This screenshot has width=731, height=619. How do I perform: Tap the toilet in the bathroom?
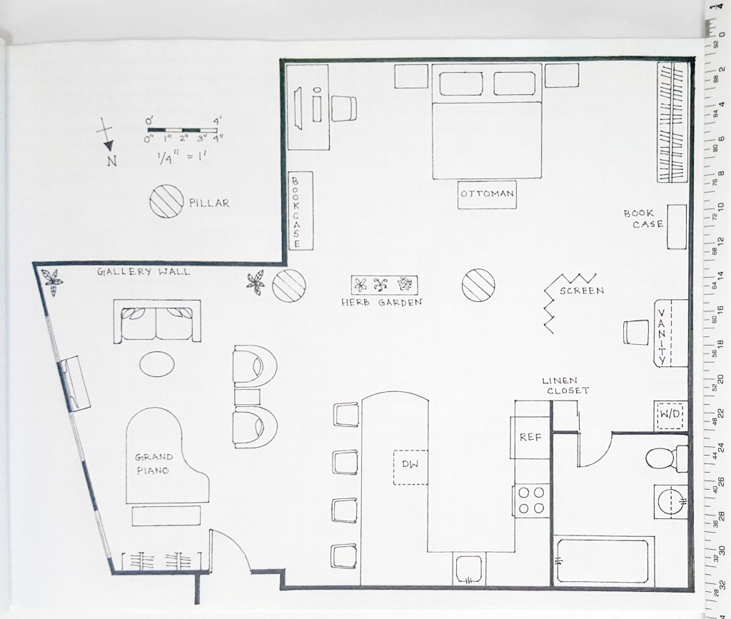click(x=667, y=458)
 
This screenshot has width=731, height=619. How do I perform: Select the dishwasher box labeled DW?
click(x=410, y=467)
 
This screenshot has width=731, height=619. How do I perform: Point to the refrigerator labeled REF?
click(x=530, y=438)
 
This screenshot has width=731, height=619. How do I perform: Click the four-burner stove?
click(x=531, y=500)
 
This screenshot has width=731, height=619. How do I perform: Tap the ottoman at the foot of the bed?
click(x=487, y=194)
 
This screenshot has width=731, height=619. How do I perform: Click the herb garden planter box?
click(x=384, y=284)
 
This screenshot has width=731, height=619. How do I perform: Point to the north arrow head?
click(x=109, y=146)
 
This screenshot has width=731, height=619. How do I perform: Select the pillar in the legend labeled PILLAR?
click(x=166, y=201)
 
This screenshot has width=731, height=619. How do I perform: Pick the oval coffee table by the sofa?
click(x=158, y=363)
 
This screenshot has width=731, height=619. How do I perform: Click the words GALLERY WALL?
click(x=143, y=272)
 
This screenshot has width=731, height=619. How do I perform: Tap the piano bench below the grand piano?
click(x=166, y=516)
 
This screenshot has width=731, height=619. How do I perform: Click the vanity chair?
click(x=636, y=332)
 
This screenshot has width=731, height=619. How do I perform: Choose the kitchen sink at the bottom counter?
click(x=469, y=568)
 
